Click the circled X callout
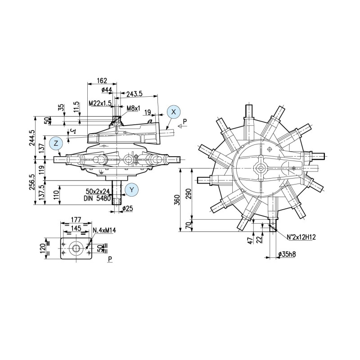(174, 112)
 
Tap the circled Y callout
(131, 189)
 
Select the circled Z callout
(56, 144)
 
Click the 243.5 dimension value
(135, 94)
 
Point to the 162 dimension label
(102, 81)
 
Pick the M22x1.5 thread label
(100, 103)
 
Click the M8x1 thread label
(134, 108)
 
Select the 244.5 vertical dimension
(32, 139)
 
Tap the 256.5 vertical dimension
(32, 183)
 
